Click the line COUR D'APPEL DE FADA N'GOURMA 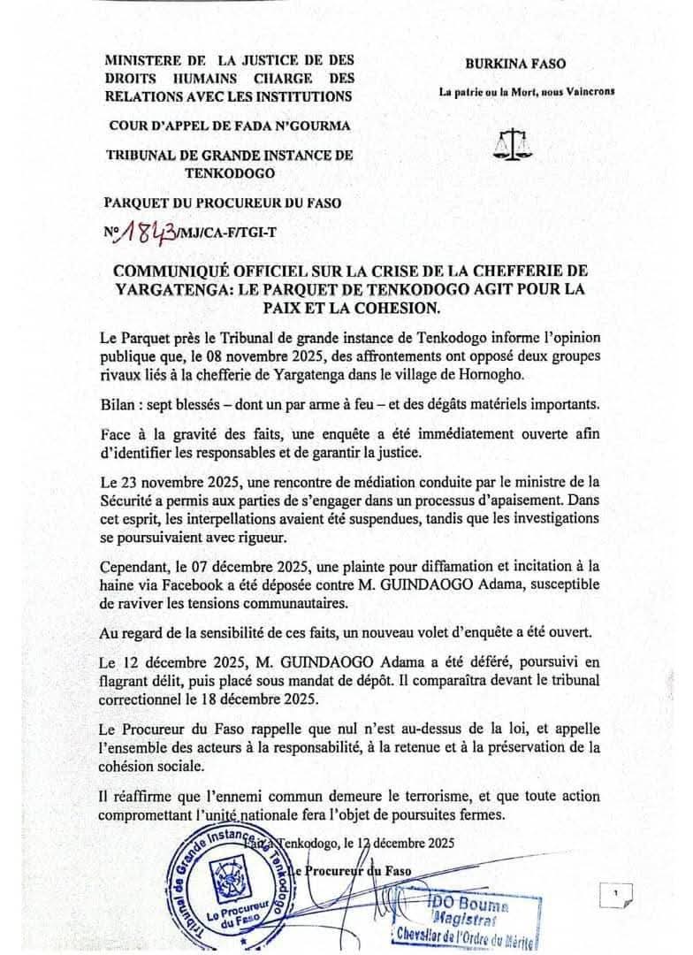tap(228, 126)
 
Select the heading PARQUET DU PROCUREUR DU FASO tap(223, 202)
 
